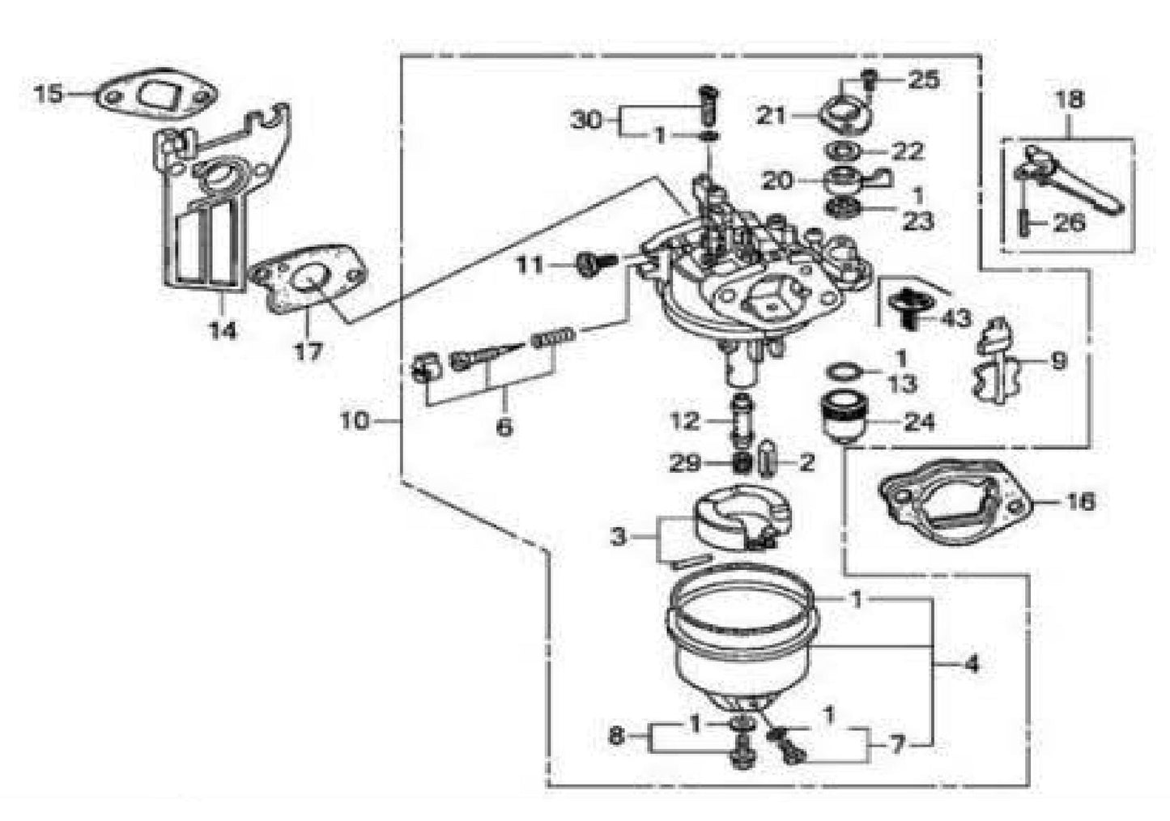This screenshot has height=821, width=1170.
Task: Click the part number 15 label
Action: pos(48,94)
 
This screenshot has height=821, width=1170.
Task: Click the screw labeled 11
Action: pos(589,264)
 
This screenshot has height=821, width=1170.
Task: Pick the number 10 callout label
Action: pos(354,420)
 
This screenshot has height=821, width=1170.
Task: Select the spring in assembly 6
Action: pos(555,335)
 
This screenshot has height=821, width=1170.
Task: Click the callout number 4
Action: pos(972,665)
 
